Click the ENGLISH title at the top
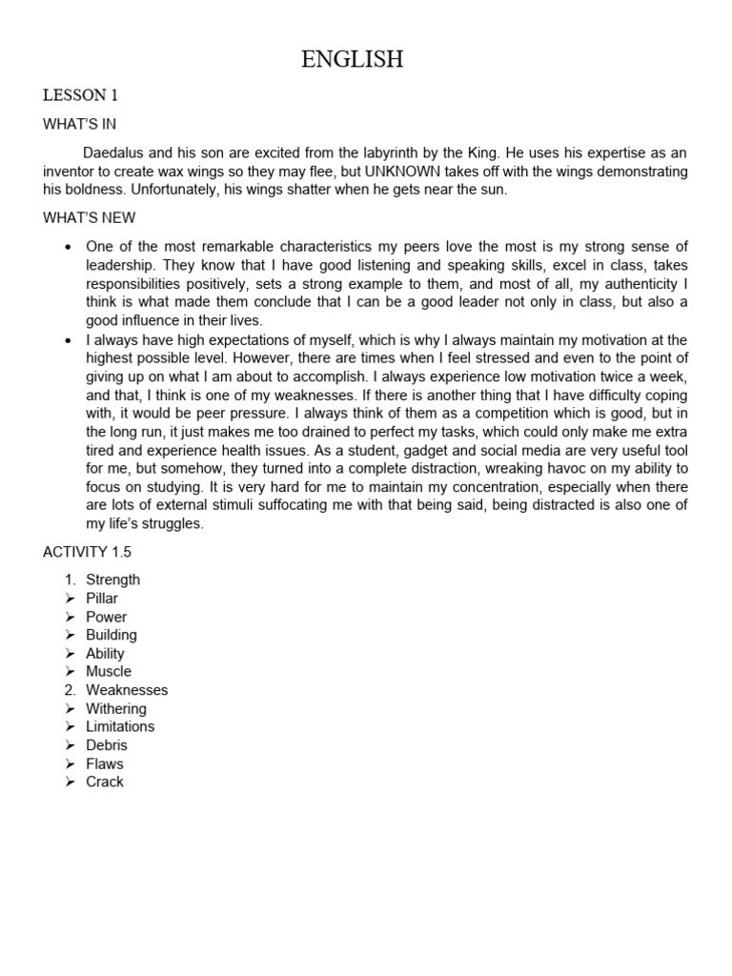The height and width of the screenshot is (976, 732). [366, 60]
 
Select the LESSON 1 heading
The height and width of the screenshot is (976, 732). [80, 95]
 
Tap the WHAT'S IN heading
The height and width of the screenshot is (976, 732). [80, 124]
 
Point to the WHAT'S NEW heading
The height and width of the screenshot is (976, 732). [90, 218]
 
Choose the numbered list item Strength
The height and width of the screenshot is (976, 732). [112, 579]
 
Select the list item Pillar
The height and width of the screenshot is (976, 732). [102, 599]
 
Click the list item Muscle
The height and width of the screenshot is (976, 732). [109, 672]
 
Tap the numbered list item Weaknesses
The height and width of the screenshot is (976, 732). [127, 690]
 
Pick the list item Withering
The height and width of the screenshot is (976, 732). [116, 709]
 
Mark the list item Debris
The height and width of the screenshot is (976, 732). [107, 745]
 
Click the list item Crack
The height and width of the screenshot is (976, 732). [105, 783]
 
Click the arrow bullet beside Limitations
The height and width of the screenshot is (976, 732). [70, 727]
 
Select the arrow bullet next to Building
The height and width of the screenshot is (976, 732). [70, 635]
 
